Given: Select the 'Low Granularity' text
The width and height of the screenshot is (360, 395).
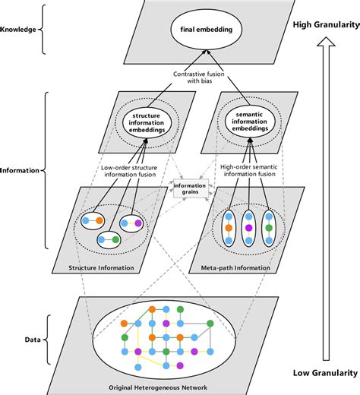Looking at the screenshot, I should pyautogui.click(x=324, y=373).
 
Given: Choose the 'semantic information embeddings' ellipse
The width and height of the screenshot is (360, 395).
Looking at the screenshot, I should pyautogui.click(x=251, y=122).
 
